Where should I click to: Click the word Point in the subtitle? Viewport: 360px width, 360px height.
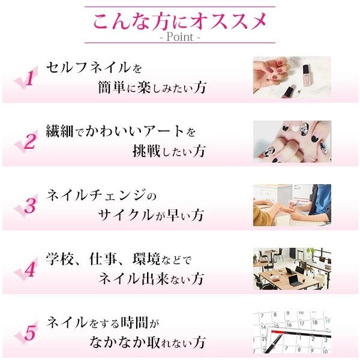(180, 37)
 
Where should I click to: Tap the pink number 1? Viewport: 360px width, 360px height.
(31, 78)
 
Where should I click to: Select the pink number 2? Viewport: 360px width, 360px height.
(30, 141)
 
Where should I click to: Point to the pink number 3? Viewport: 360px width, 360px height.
(30, 205)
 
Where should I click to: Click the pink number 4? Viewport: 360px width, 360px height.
(30, 269)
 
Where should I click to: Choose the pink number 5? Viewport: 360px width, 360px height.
(30, 333)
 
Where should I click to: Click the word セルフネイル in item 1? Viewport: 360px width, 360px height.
(88, 67)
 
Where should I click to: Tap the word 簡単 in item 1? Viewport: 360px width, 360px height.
(112, 87)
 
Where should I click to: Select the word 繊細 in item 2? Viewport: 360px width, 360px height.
(59, 131)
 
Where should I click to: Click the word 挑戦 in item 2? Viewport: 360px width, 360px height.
(146, 151)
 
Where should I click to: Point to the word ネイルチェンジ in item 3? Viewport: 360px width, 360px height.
(96, 195)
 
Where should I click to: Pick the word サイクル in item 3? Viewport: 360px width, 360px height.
(126, 215)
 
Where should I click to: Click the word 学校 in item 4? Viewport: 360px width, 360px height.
(59, 259)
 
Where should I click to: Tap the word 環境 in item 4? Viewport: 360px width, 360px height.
(146, 259)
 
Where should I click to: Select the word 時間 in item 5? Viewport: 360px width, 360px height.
(134, 323)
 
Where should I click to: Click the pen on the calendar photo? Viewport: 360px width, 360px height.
(273, 343)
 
